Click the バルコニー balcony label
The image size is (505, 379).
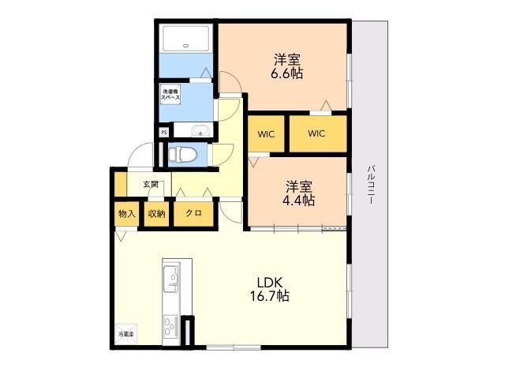click(x=370, y=185)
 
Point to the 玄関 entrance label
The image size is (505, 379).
click(x=151, y=185)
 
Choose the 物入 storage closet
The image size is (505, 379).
click(x=127, y=214)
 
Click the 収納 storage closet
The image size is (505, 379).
click(x=155, y=214)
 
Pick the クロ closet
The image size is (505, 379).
click(x=193, y=214)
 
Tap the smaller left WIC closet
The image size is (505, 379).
click(x=265, y=133)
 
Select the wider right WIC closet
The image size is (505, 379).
click(x=316, y=133)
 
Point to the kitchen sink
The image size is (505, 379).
click(x=170, y=279)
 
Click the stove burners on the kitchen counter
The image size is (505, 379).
click(x=170, y=325)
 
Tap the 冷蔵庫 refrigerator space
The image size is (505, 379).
click(x=126, y=335)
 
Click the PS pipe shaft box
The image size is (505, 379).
click(x=164, y=133)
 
